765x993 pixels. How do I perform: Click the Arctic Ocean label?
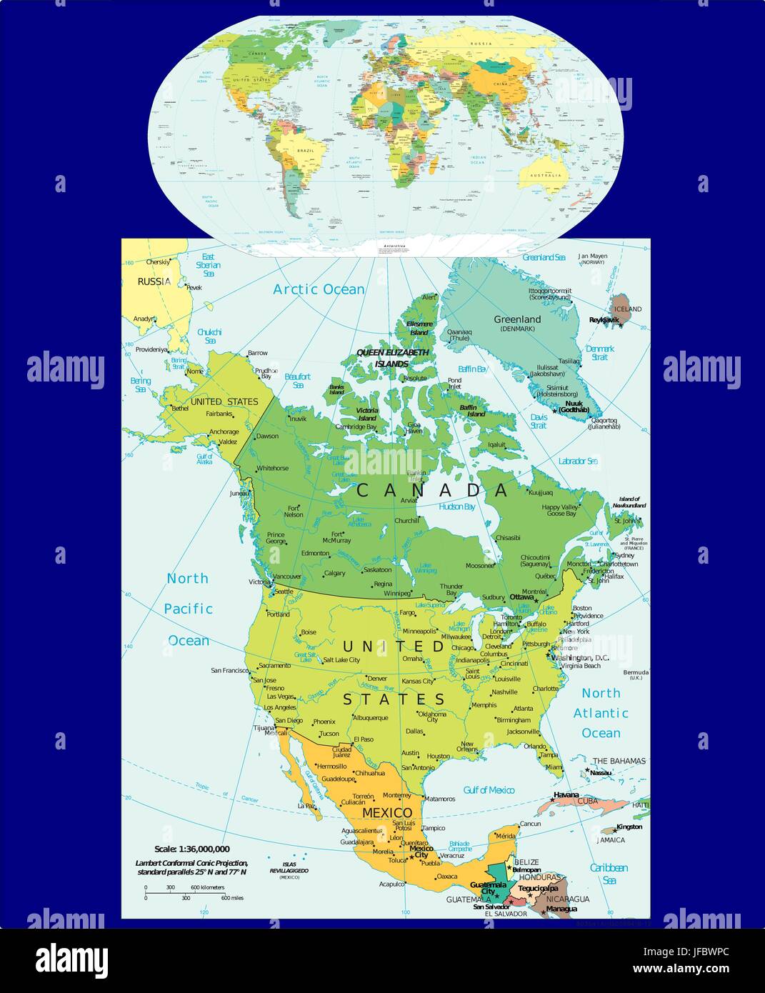[x=319, y=289]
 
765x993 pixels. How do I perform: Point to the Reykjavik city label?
[x=604, y=320]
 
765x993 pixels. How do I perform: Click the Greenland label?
[x=517, y=319]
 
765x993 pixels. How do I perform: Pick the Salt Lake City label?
[x=341, y=660]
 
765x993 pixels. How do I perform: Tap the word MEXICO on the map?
[x=387, y=813]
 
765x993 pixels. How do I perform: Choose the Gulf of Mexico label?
[x=489, y=789]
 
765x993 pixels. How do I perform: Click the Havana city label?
[x=566, y=795]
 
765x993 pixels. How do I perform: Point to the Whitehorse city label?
[x=272, y=468]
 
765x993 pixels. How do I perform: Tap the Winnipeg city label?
[x=397, y=593]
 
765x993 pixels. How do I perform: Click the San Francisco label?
[x=229, y=671]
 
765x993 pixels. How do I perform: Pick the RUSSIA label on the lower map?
[x=154, y=281]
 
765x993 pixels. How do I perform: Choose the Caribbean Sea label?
[x=609, y=874]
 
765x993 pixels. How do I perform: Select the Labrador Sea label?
[x=577, y=461]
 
